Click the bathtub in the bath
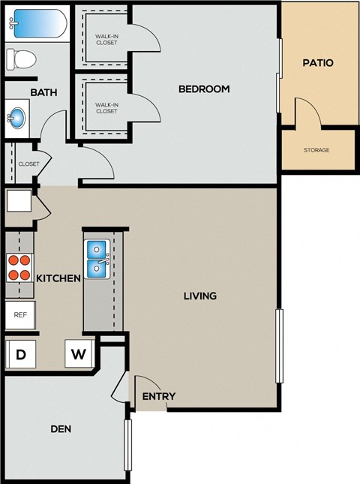(35, 23)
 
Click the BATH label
(43, 92)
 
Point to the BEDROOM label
(203, 89)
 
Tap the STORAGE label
(316, 150)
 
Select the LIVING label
(200, 296)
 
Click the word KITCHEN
(58, 278)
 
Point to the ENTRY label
(158, 396)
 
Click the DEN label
(61, 429)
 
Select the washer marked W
(78, 354)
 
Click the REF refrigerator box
(19, 315)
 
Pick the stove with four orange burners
(19, 267)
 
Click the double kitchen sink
(97, 258)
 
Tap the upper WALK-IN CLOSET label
(106, 39)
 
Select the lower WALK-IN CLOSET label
(106, 108)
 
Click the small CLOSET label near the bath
(28, 164)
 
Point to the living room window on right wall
(280, 346)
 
